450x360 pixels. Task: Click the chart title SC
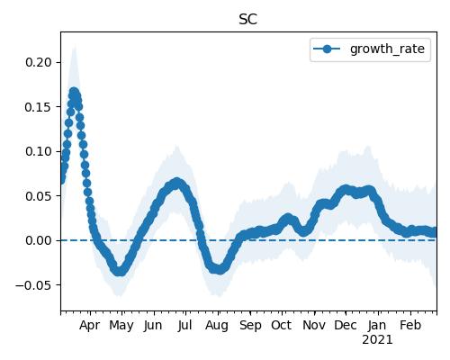pos(247,20)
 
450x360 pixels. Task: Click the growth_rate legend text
pos(387,49)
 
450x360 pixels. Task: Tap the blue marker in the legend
pos(327,49)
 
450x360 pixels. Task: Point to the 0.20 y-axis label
pos(39,62)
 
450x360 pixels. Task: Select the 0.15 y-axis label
pos(39,107)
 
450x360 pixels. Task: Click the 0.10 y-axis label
pos(39,151)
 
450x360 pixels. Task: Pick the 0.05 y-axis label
pos(39,196)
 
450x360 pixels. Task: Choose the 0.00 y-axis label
pos(39,240)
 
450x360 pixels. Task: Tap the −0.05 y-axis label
pos(33,285)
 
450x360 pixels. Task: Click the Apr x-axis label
pos(90,326)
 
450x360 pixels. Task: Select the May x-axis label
pos(121,326)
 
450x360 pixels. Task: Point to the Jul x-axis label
pos(184,326)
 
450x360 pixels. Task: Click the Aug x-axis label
pos(217,326)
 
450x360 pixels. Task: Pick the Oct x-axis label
pos(281,325)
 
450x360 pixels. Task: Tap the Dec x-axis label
pos(346,325)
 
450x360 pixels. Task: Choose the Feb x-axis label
pos(410,325)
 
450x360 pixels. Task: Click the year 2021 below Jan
pos(377,340)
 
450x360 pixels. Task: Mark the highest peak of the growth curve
pos(74,92)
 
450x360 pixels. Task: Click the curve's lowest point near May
pos(120,271)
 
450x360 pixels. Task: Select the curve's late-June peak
pos(176,183)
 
